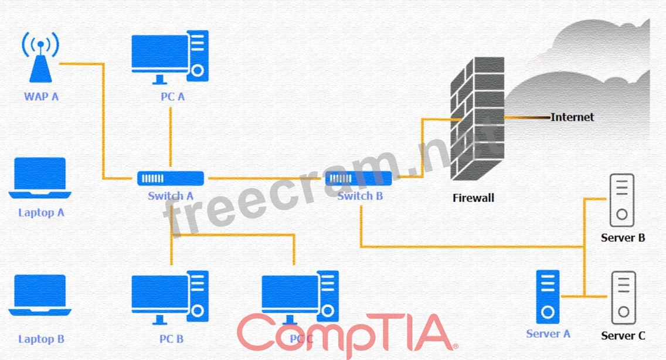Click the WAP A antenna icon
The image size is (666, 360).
(40, 59)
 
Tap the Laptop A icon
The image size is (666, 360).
(40, 178)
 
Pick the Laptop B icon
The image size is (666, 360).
(40, 296)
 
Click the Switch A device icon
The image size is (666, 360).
(171, 178)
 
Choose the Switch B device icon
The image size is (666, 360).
(359, 178)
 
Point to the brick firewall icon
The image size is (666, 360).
(478, 120)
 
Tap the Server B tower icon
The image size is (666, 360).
(622, 201)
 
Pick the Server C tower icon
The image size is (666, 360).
(623, 297)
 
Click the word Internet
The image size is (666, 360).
(572, 117)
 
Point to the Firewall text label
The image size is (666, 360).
(473, 198)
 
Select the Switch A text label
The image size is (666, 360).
(171, 196)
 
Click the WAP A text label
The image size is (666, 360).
(41, 96)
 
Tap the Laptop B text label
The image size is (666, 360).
(41, 339)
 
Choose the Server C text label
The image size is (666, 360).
(623, 336)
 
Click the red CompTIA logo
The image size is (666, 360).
(346, 332)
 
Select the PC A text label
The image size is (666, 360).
(172, 97)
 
